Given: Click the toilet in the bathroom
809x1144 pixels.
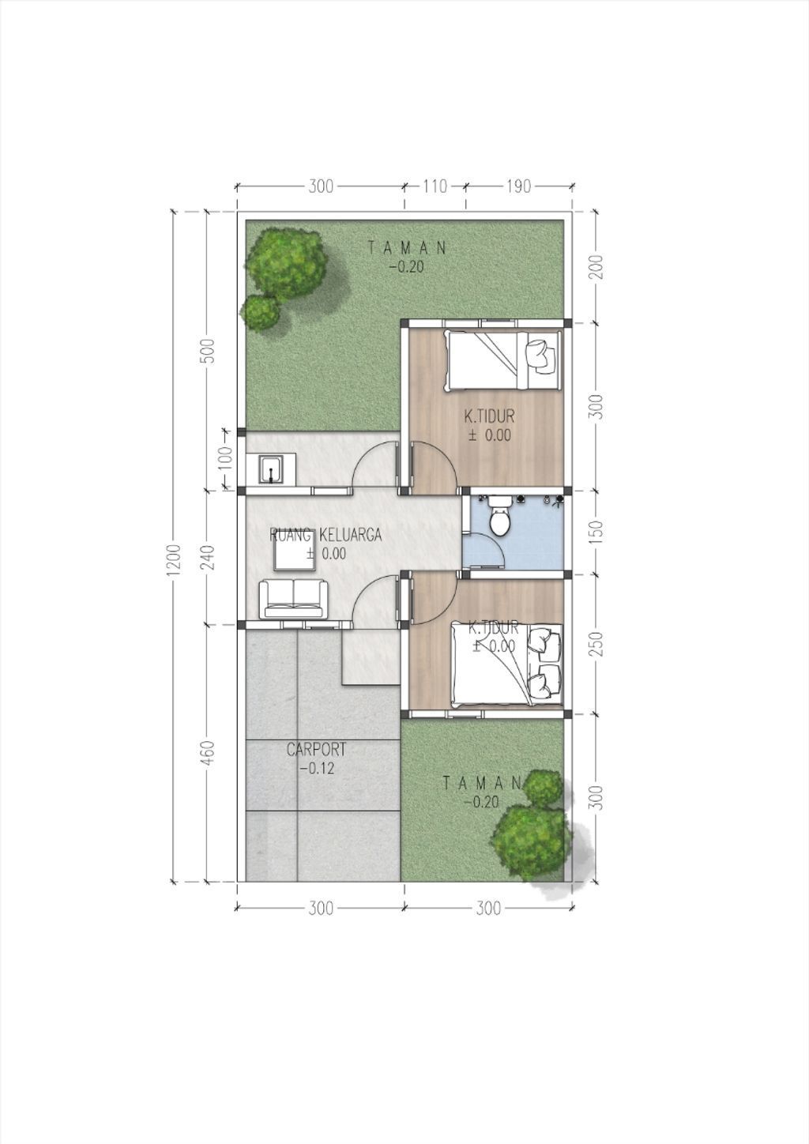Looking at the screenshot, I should click(x=499, y=519).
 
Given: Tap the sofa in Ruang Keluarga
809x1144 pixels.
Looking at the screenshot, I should click(x=294, y=599).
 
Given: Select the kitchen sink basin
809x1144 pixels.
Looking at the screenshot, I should click(x=270, y=469).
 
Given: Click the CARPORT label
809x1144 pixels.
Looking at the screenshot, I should click(x=316, y=749).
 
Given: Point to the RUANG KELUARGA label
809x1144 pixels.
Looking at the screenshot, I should click(x=325, y=535).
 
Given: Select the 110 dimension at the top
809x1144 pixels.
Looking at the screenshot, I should click(x=435, y=186).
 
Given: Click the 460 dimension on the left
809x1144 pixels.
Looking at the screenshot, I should click(x=207, y=753).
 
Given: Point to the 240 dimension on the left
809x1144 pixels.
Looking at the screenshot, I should click(x=207, y=556).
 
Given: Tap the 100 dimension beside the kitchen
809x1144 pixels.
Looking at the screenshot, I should click(x=224, y=458).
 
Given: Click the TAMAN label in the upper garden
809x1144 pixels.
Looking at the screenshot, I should click(x=407, y=247).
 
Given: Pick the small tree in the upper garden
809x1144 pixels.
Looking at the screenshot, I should click(x=260, y=311).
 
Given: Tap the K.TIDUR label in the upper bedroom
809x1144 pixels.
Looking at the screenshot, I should click(x=489, y=416).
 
